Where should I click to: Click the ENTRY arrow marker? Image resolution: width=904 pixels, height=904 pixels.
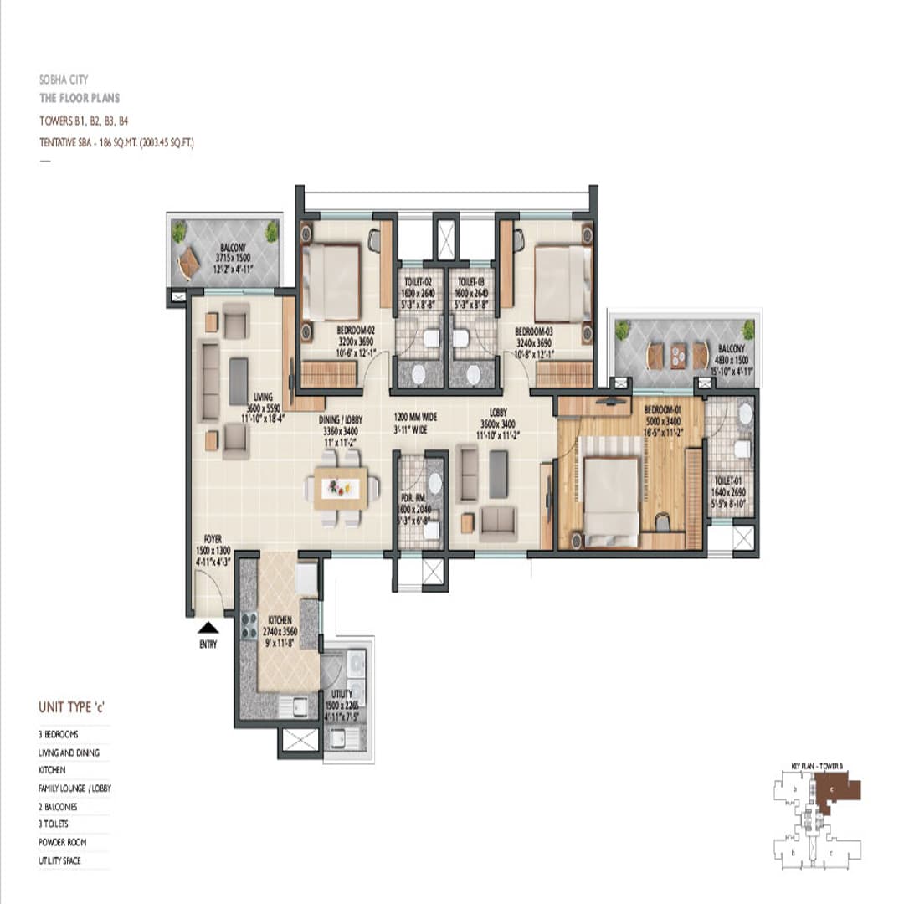[208, 627]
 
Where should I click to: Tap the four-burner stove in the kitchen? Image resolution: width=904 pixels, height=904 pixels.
[249, 624]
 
